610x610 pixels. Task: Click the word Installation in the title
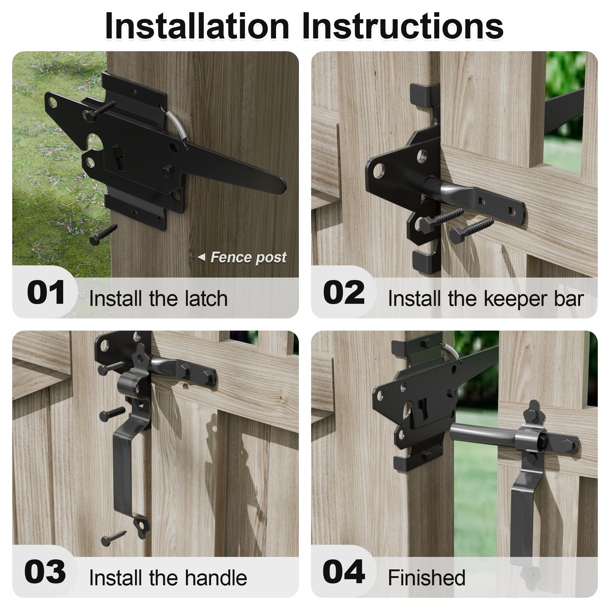197,26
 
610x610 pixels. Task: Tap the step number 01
46,293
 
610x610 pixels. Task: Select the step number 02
344,293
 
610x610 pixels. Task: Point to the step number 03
45,572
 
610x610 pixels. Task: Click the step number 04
344,572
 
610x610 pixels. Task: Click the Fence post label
248,257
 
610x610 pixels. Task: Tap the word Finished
426,578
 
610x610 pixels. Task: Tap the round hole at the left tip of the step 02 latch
378,170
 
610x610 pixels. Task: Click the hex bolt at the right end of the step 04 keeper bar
570,445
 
